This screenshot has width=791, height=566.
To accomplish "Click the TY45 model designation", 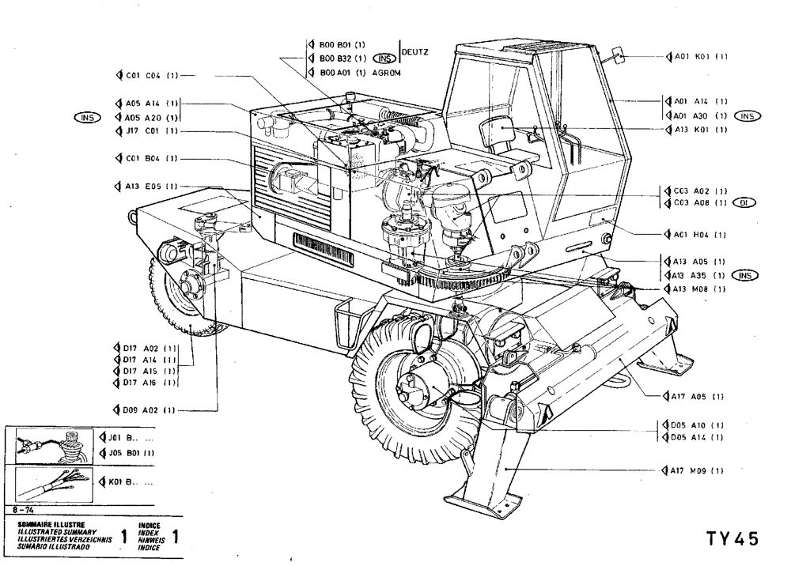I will click(732, 538).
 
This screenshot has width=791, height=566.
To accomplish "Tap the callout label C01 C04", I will click(147, 76).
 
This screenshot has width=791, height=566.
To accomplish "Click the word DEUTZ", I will click(415, 53).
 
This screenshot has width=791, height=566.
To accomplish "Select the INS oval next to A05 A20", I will click(85, 117).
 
